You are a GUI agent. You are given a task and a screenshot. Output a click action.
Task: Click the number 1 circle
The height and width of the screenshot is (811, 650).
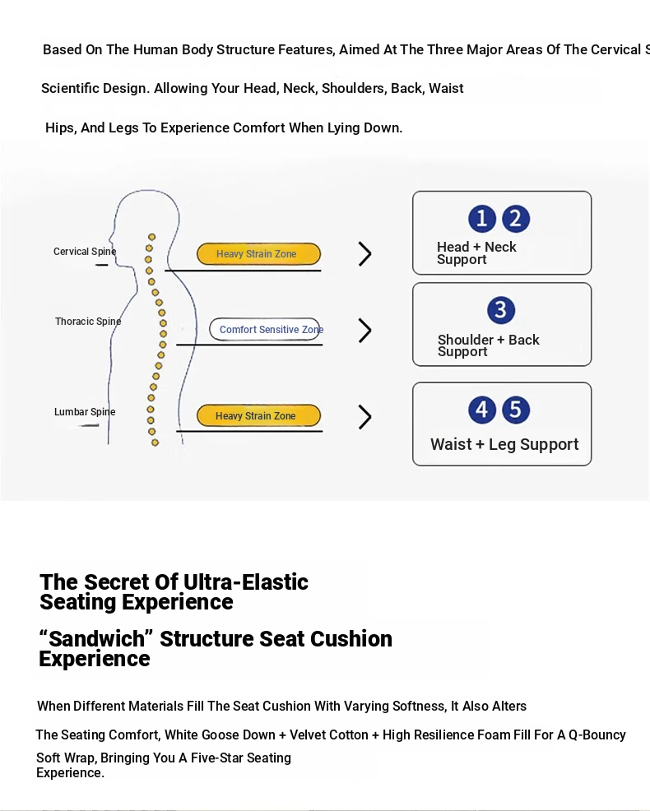[x=482, y=218]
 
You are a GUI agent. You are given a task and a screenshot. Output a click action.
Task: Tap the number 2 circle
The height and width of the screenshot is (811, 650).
[x=516, y=218]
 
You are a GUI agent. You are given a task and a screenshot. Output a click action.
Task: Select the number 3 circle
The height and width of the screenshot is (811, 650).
[x=501, y=310]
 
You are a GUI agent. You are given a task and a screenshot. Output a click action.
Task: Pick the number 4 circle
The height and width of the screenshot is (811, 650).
[x=482, y=410]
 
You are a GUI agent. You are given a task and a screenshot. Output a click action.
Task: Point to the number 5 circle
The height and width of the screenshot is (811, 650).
[x=515, y=410]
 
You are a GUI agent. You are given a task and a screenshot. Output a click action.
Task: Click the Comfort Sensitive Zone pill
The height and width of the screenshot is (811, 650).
[x=264, y=329]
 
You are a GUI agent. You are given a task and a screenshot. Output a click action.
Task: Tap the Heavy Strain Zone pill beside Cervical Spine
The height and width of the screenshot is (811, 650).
[x=258, y=254]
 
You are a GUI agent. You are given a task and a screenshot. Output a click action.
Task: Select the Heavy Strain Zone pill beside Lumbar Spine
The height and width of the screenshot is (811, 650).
[x=258, y=415]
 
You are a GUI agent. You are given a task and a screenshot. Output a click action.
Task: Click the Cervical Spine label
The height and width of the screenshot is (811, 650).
[x=85, y=252]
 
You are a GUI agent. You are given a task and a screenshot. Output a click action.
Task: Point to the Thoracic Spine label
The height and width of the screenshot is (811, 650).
[x=88, y=322]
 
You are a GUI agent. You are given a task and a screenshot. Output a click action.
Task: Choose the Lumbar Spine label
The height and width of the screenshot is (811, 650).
[x=85, y=412]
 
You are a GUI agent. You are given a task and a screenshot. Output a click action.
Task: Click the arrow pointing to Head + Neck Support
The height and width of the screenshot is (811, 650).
[x=364, y=254]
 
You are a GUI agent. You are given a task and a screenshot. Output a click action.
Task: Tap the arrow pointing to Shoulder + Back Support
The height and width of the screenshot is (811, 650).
[x=364, y=331]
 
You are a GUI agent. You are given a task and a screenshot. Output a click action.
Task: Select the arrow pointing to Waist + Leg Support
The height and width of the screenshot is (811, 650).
[x=364, y=417]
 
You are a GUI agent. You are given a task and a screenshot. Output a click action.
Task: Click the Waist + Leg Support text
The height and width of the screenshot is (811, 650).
[x=504, y=444]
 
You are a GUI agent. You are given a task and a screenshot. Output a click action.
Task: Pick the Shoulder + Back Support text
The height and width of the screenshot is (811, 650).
[x=489, y=345]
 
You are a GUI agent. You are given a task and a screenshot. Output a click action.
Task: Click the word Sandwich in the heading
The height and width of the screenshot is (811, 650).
[x=97, y=639]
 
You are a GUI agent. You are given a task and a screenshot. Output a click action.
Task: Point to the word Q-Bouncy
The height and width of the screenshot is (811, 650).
[x=597, y=735]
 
